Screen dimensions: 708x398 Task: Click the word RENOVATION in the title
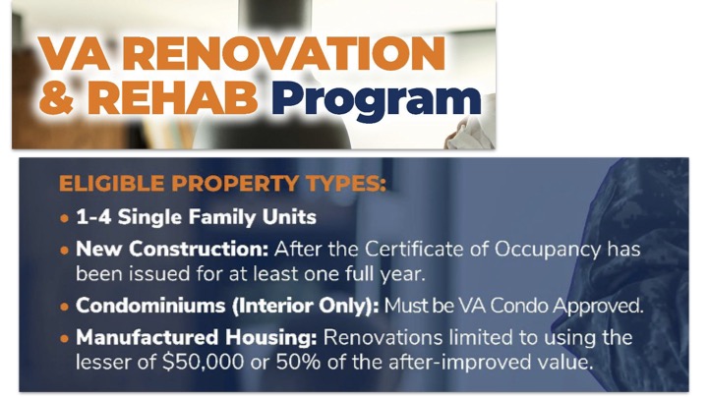[283, 53]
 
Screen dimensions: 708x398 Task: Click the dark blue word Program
[376, 101]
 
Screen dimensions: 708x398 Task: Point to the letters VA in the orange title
[75, 53]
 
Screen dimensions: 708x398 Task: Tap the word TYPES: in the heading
[346, 184]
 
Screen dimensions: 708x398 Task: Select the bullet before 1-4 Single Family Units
[64, 219]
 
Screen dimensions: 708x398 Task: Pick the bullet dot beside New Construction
[64, 251]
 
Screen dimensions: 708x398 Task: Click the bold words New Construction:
[172, 249]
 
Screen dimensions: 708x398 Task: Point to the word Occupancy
[548, 250]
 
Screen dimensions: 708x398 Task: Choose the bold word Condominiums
[150, 306]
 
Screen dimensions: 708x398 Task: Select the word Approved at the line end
[598, 307]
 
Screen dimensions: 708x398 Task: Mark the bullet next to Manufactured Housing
[64, 338]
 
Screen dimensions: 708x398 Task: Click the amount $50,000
[204, 363]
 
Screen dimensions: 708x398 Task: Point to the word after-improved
[456, 363]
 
